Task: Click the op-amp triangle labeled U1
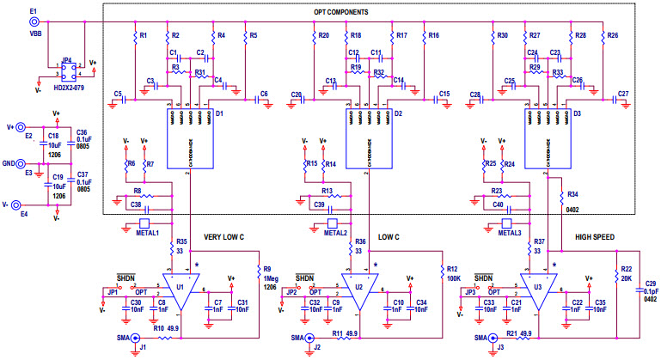pos(181,293)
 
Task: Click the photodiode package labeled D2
pos(365,137)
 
